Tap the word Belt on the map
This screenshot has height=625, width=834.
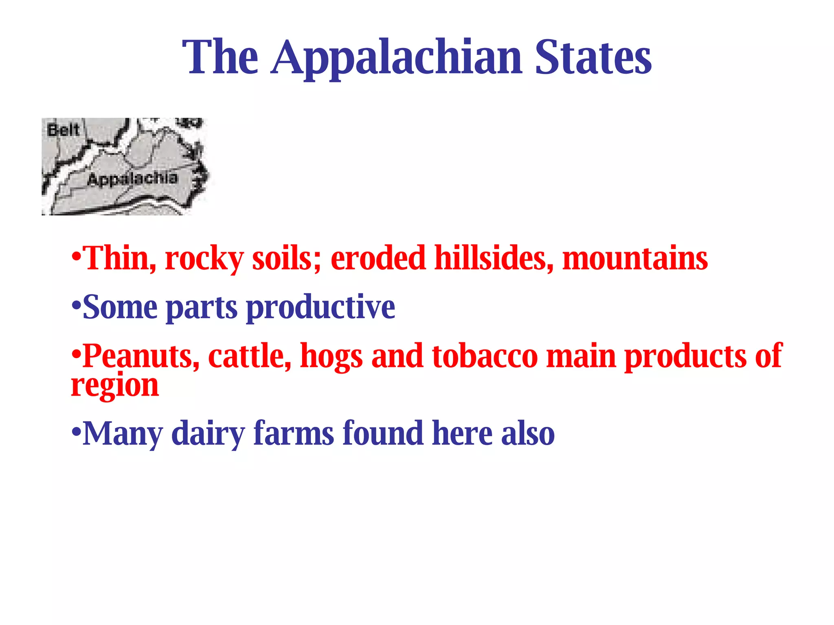pos(63,130)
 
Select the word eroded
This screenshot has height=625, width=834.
pos(378,258)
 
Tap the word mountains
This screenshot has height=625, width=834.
pos(635,258)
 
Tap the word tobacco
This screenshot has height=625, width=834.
pos(485,356)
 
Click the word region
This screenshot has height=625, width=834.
pos(115,386)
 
